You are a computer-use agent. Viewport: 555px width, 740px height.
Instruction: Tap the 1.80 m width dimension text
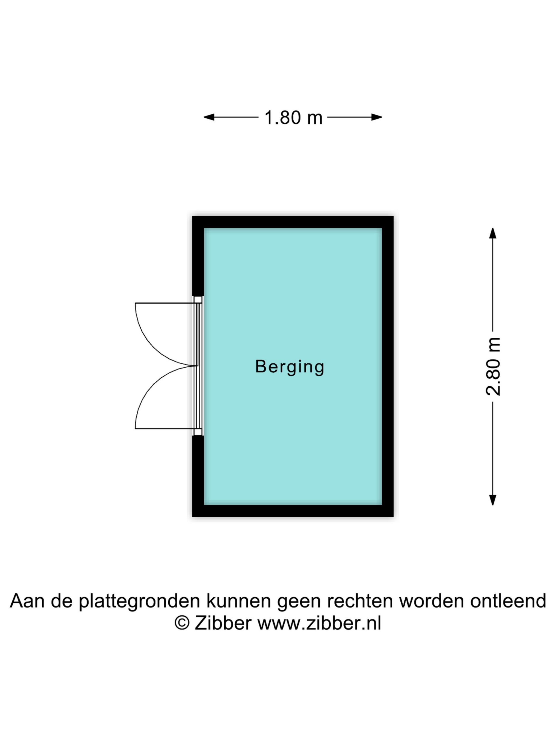click(293, 118)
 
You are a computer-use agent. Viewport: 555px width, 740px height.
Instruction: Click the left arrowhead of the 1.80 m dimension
click(209, 117)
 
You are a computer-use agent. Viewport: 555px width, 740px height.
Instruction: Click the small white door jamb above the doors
click(198, 299)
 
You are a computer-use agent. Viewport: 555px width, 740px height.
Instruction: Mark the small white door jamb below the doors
click(198, 432)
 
